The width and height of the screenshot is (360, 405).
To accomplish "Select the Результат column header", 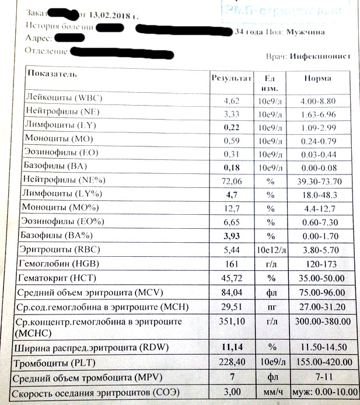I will (231, 78).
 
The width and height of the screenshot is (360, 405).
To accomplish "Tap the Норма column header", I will (317, 78).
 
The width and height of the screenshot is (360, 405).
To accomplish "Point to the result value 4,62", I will (232, 101).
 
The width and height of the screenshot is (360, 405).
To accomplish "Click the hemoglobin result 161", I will (232, 264).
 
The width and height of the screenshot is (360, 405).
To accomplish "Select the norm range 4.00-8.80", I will (319, 101).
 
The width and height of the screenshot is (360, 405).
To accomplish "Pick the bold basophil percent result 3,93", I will (232, 236).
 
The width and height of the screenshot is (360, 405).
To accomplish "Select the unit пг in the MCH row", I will (270, 306).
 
